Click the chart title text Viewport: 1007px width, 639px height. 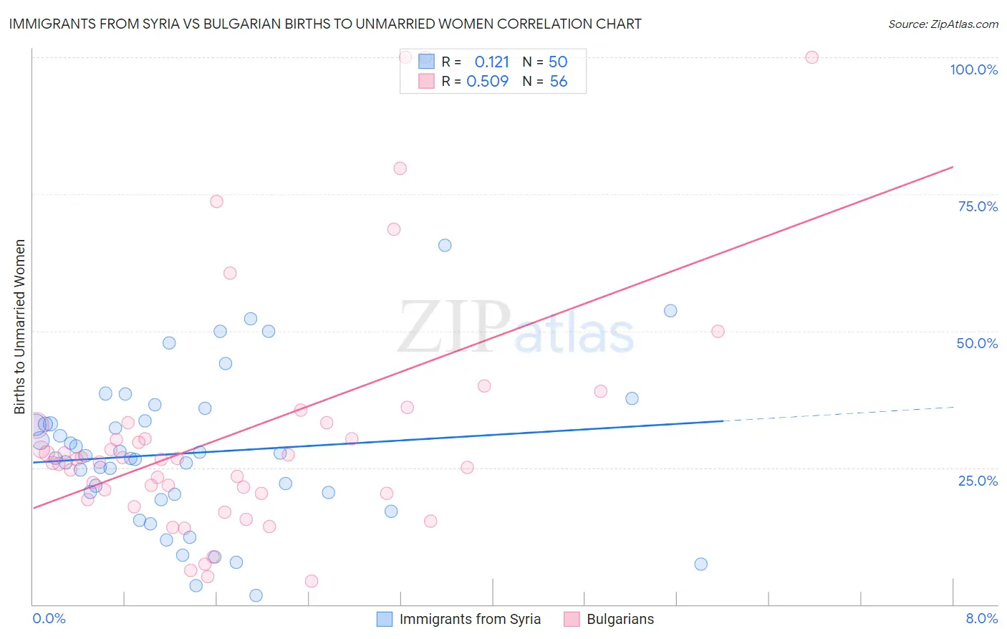click(324, 24)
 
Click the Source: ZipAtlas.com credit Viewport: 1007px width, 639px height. click(943, 24)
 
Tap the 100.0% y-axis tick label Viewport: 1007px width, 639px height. click(973, 69)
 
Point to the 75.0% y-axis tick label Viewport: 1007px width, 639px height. click(978, 206)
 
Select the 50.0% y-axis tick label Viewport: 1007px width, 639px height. click(977, 343)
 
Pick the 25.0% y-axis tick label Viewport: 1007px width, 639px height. click(978, 480)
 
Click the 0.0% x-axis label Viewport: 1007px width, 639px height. click(49, 618)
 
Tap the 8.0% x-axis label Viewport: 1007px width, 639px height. click(981, 618)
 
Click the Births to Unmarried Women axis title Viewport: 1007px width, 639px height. click(20, 327)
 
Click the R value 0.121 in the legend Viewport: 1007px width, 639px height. click(491, 62)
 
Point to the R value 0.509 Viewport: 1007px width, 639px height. click(487, 82)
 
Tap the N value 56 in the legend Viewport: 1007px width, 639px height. click(559, 82)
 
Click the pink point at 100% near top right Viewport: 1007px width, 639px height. click(811, 57)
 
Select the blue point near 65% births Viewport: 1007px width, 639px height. click(445, 245)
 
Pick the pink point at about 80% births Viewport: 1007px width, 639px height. click(400, 168)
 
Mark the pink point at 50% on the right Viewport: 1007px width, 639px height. click(718, 331)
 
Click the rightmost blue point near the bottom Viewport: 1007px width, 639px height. click(701, 564)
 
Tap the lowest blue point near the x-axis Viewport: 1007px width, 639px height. click(256, 595)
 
